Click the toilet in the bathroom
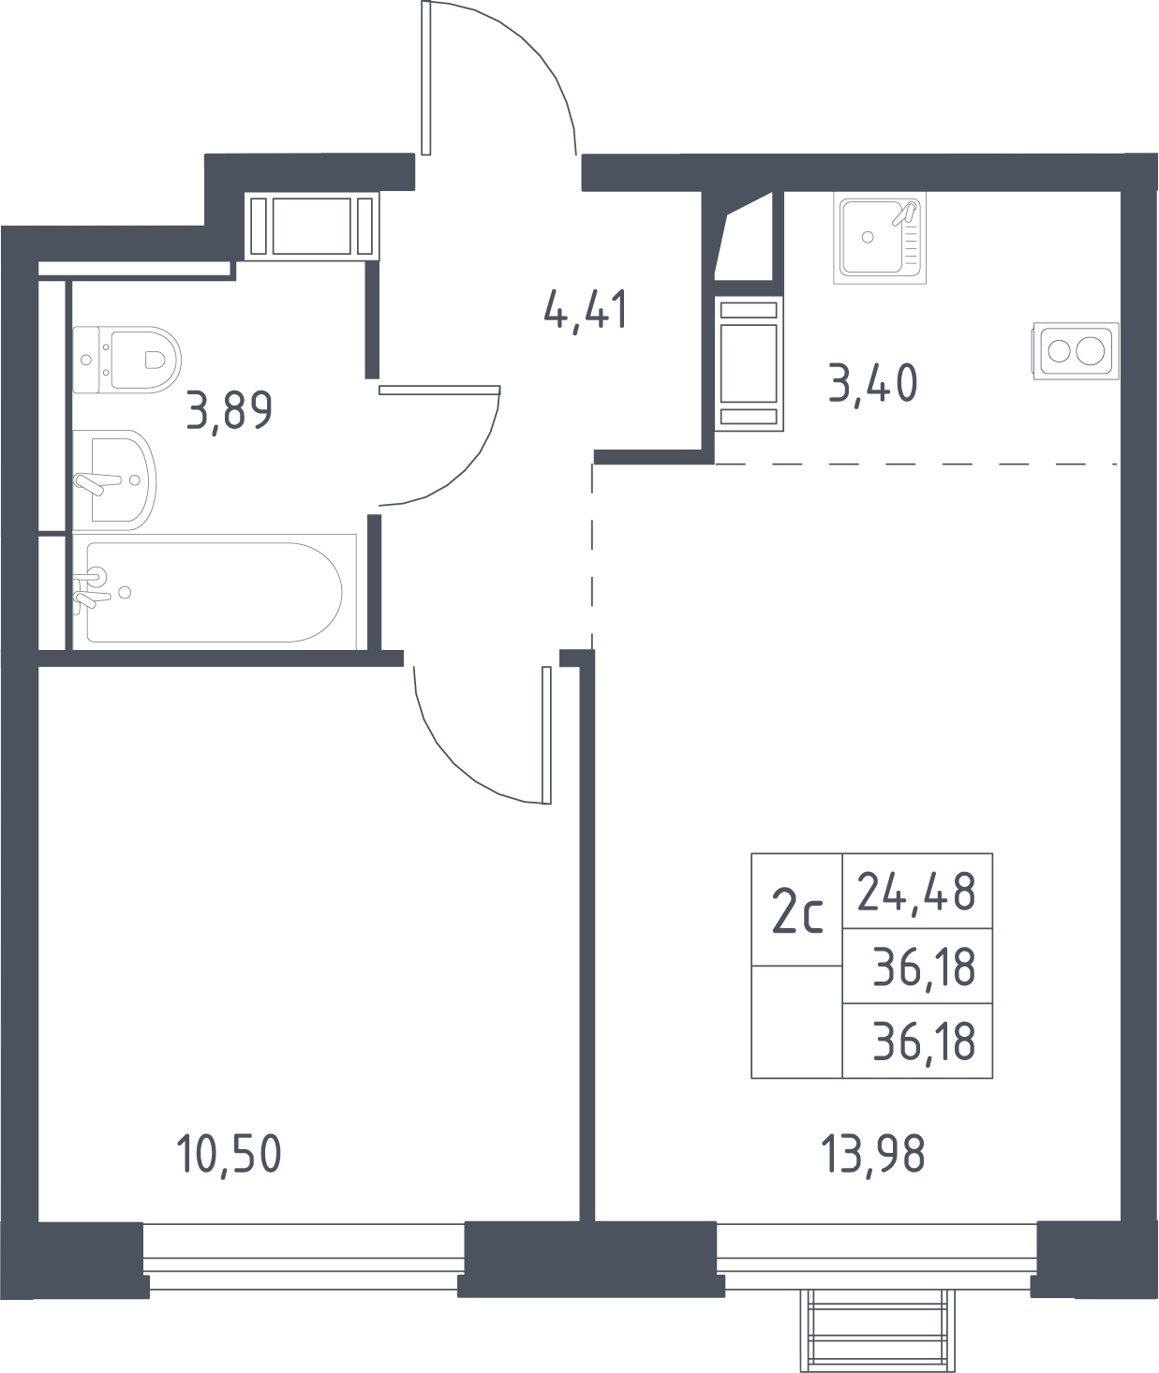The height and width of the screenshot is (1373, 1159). [x=126, y=360]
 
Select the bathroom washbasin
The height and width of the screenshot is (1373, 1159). [x=114, y=480]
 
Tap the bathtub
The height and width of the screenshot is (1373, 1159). [x=215, y=592]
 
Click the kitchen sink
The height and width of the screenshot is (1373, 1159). [x=880, y=238]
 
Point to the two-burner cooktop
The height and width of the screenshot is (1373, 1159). [x=1076, y=351]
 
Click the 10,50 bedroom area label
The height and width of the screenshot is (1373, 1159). [x=229, y=1156]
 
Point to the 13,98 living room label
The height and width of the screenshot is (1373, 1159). [x=873, y=1156]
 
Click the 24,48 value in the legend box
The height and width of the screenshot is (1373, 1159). [x=916, y=893]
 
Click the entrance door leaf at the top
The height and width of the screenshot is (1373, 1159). [x=426, y=78]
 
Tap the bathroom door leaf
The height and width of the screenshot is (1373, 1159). [x=439, y=390]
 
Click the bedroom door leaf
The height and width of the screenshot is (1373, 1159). [x=546, y=734]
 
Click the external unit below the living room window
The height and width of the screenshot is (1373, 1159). [x=878, y=1330]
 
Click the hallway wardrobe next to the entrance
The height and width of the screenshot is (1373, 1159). [x=312, y=226]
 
